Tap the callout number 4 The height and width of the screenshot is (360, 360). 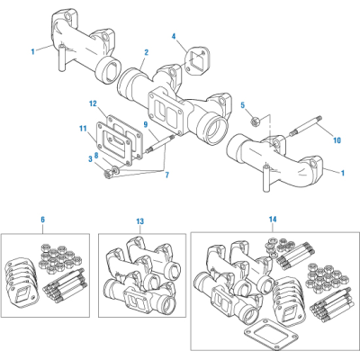[174, 36]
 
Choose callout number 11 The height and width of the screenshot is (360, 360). [82, 129]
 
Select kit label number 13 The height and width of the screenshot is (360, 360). [139, 220]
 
